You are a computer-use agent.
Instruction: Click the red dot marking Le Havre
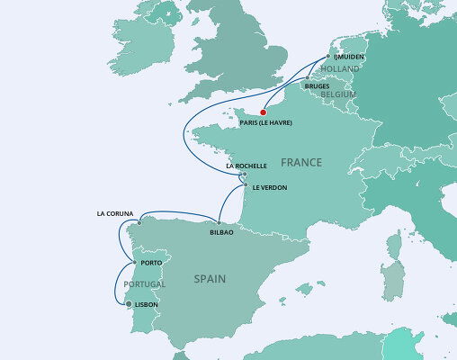[x=263, y=112]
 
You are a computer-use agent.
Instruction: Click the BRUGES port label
[x=318, y=86]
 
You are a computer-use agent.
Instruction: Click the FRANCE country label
[x=300, y=163]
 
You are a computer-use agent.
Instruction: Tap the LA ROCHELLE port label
[x=246, y=166]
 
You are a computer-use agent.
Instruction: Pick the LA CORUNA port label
[x=114, y=214]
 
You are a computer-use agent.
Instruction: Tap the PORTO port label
[x=150, y=263]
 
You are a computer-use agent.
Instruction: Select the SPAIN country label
[x=210, y=279]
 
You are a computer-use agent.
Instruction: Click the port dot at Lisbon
[x=129, y=304]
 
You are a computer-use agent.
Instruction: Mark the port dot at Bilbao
[x=220, y=223]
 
